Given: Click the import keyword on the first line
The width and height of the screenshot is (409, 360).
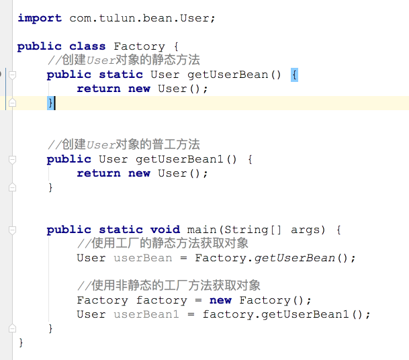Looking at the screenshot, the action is [x=40, y=18].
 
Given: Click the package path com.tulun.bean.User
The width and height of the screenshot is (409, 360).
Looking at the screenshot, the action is [x=141, y=18].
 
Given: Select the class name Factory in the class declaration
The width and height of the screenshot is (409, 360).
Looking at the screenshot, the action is [x=139, y=46].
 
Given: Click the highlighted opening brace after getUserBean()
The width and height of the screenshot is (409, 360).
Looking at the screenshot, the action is [x=294, y=75].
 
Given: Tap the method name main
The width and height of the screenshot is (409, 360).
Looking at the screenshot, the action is [x=201, y=230].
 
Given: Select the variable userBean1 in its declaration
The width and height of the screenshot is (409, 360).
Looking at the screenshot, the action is [x=146, y=314].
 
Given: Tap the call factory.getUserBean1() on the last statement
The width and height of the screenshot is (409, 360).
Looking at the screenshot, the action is [x=286, y=314].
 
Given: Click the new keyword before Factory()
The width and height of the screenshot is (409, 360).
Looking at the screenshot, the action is [x=220, y=300].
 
